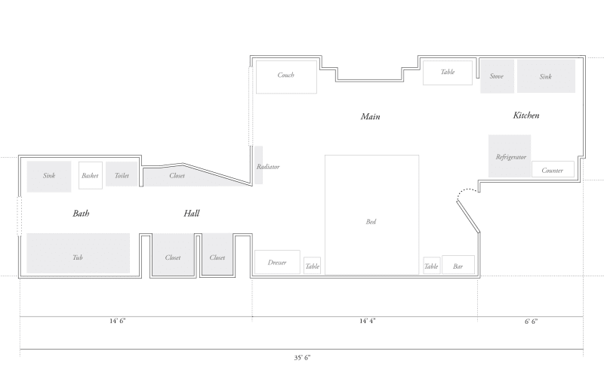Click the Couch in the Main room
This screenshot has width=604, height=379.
pyautogui.click(x=285, y=76)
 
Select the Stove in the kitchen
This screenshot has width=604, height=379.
pyautogui.click(x=497, y=76)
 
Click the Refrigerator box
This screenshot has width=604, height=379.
pyautogui.click(x=510, y=156)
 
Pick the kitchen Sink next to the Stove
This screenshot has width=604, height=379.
pyautogui.click(x=546, y=76)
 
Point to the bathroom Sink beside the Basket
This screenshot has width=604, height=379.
pyautogui.click(x=49, y=176)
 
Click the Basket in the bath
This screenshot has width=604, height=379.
pyautogui.click(x=91, y=176)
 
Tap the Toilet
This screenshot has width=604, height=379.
pyautogui.click(x=122, y=175)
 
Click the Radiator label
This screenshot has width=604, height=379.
pyautogui.click(x=268, y=166)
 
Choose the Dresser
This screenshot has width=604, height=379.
pyautogui.click(x=277, y=262)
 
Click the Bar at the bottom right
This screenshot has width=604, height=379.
pyautogui.click(x=458, y=265)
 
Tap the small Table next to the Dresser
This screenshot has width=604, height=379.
pyautogui.click(x=313, y=266)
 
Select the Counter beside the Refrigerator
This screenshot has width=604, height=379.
pyautogui.click(x=553, y=170)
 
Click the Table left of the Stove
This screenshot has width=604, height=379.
pyautogui.click(x=448, y=72)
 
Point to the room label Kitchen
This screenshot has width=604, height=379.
pyautogui.click(x=526, y=116)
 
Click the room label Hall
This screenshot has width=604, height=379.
pyautogui.click(x=192, y=214)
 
